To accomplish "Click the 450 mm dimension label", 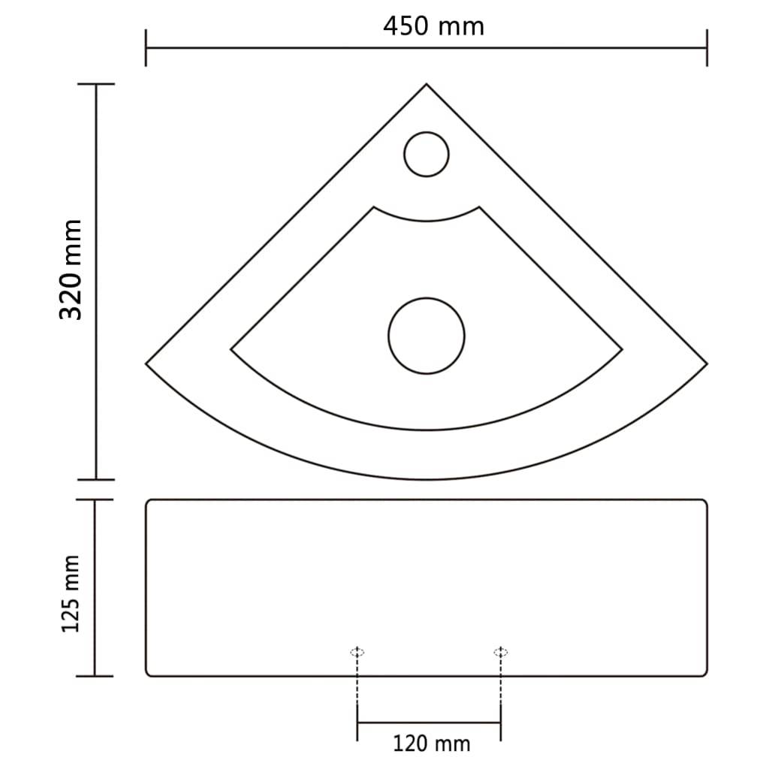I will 433,26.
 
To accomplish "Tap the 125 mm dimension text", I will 71,594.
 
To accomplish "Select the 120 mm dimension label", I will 431,743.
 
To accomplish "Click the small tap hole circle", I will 427,155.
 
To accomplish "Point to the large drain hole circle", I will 427,335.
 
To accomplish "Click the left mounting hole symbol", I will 357,652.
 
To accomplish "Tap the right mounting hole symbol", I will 501,652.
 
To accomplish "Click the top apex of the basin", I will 427,84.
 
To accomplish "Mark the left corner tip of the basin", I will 146,363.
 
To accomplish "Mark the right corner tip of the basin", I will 707,363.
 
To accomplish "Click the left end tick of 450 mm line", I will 146,48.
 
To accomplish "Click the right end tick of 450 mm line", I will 707,48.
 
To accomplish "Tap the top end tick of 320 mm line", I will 96,84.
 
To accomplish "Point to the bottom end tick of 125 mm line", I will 95,676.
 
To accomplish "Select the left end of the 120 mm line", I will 357,722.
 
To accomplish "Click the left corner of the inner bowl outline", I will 231,349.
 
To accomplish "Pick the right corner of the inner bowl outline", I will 622,349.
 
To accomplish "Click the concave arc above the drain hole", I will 427,220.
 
